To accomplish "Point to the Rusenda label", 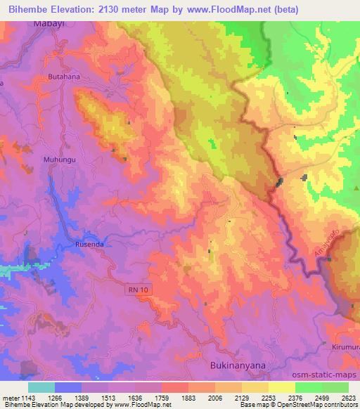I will (x=89, y=244).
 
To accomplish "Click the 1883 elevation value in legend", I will (x=187, y=398).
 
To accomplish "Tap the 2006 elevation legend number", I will (x=214, y=398).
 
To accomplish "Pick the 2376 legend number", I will (x=294, y=398).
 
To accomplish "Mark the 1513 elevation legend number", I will (x=107, y=398).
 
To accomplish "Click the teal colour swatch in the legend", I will (x=41, y=387).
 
